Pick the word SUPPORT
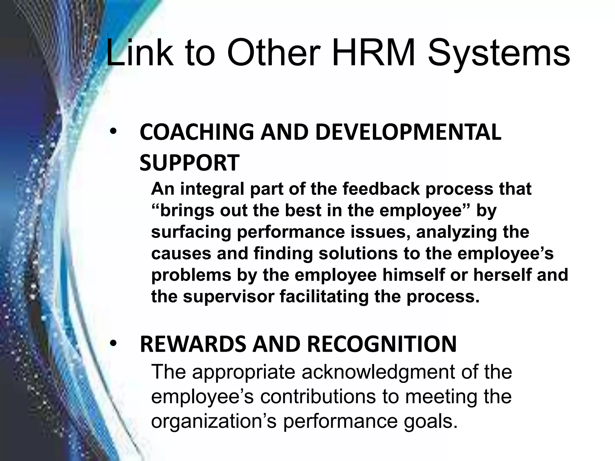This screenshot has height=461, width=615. pos(189,163)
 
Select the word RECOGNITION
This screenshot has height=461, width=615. pos(382,344)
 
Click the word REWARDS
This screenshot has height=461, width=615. pos(193,344)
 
